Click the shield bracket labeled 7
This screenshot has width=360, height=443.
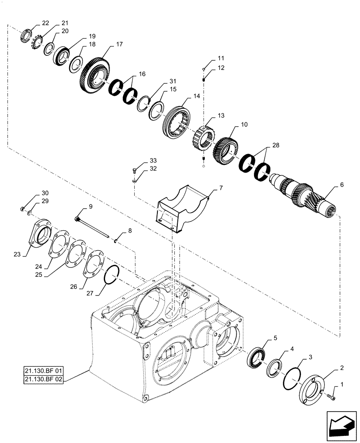pyautogui.click(x=182, y=208)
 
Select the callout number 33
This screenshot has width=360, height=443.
pyautogui.click(x=153, y=160)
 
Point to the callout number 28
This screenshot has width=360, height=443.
pyautogui.click(x=275, y=145)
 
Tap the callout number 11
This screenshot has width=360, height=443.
pyautogui.click(x=221, y=58)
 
